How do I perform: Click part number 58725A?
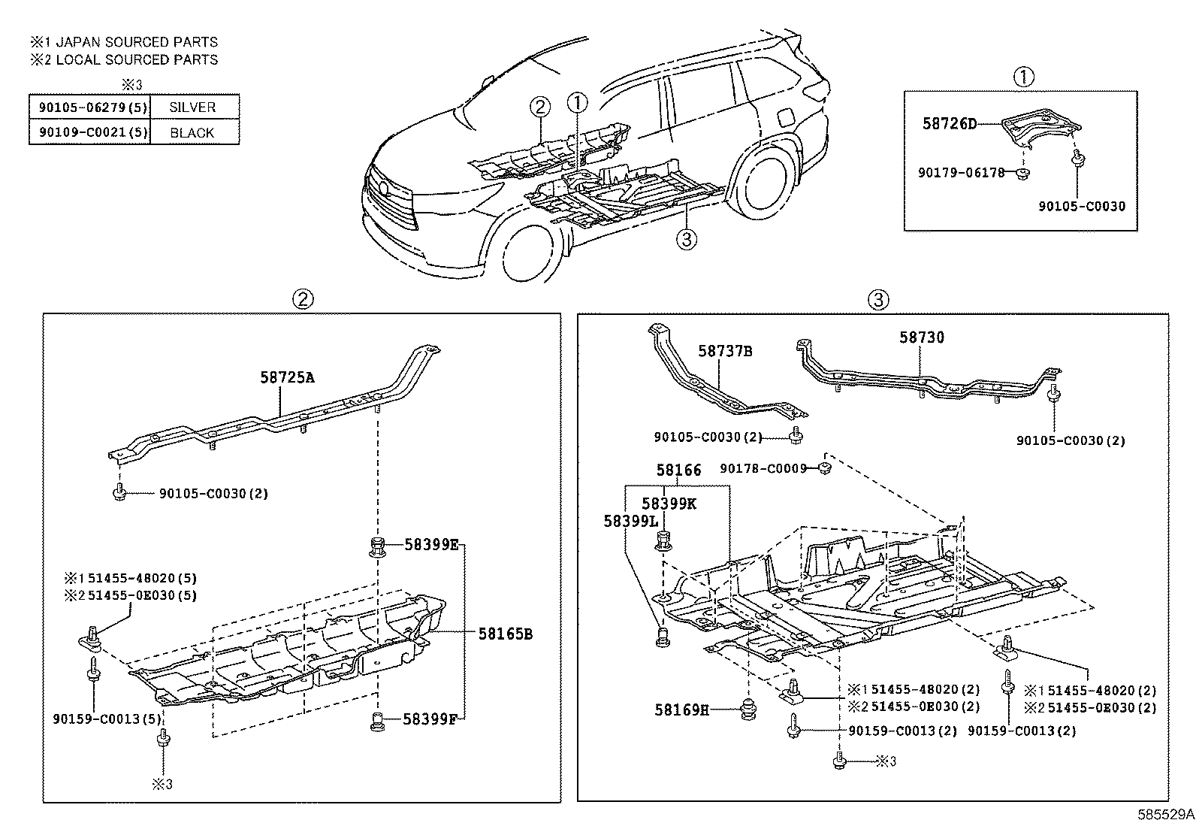point(287,377)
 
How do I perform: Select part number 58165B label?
point(505,634)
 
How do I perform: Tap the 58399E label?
point(431,544)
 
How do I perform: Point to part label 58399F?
point(430,719)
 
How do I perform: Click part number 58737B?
point(725,351)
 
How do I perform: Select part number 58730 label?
point(922,337)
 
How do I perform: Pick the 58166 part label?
point(678,470)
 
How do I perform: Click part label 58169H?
point(681,709)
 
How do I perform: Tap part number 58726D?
point(950,123)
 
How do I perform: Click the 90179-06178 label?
point(961,172)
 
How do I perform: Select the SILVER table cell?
point(193,107)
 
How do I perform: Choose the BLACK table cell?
point(193,133)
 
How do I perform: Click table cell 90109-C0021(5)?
point(89,133)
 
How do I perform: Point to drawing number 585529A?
point(1164,814)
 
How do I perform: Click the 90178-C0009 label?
point(763,468)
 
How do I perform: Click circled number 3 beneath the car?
point(686,240)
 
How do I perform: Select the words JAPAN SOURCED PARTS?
point(137,43)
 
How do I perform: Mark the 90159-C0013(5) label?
point(107,719)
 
